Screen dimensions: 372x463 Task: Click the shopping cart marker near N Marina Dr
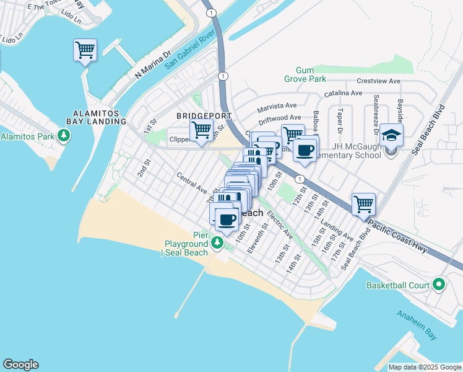pyautogui.click(x=85, y=50)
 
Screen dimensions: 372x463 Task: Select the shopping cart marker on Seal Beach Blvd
pyautogui.click(x=363, y=205)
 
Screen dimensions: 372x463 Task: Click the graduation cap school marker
pyautogui.click(x=391, y=135)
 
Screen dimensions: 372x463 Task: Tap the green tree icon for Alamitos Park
pyautogui.click(x=63, y=136)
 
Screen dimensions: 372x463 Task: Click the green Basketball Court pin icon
pyautogui.click(x=439, y=285)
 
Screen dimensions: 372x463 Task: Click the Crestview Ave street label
pyautogui.click(x=379, y=81)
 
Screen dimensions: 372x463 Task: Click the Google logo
pyautogui.click(x=20, y=365)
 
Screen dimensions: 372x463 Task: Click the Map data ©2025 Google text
pyautogui.click(x=425, y=367)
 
